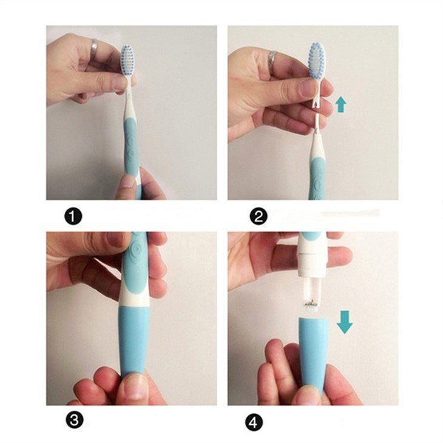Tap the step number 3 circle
click(73, 421)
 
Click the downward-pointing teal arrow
click(345, 322)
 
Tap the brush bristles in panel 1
click(127, 59)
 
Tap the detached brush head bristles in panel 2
click(317, 59)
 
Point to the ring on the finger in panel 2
click(272, 59)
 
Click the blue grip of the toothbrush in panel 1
click(130, 146)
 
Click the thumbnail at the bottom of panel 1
click(126, 182)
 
